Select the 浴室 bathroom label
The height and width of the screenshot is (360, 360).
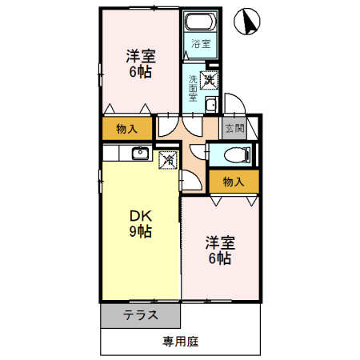point(201,44)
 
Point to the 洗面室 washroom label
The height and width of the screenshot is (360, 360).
point(193,86)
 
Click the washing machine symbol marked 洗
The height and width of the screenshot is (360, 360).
point(209,79)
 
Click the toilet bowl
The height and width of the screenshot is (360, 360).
point(237,154)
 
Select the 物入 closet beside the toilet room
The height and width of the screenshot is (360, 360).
point(233,182)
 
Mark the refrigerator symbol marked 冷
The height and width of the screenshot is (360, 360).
point(169,160)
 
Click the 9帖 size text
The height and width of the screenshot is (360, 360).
point(140,232)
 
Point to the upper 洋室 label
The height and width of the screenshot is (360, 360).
point(140,56)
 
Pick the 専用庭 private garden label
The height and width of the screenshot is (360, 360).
point(180,342)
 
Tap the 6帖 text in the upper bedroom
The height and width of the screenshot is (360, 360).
point(140,72)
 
